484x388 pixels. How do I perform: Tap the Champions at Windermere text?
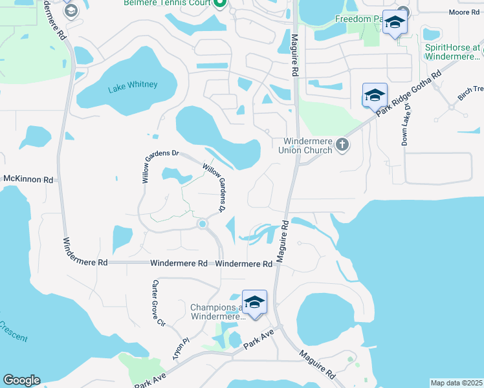click(217, 312)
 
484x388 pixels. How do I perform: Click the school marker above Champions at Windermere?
click(255, 303)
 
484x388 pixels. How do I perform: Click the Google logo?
click(21, 380)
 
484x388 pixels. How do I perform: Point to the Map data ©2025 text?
click(456, 383)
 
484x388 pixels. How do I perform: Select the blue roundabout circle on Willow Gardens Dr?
click(203, 224)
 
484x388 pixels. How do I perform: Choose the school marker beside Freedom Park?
click(394, 24)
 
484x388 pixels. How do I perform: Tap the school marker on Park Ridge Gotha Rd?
click(375, 96)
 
